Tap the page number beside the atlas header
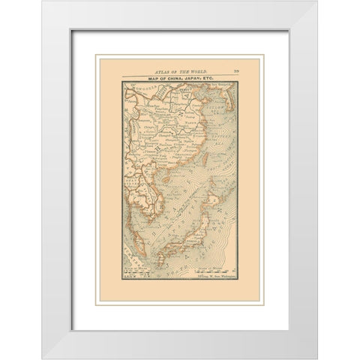237,67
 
